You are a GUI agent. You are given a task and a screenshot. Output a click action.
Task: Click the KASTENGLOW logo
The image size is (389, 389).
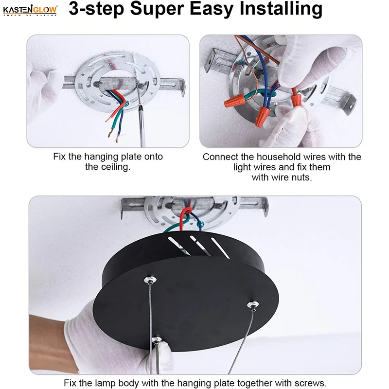(30, 10)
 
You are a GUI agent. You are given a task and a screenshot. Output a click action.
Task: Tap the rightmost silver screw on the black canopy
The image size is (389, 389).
(253, 305)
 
